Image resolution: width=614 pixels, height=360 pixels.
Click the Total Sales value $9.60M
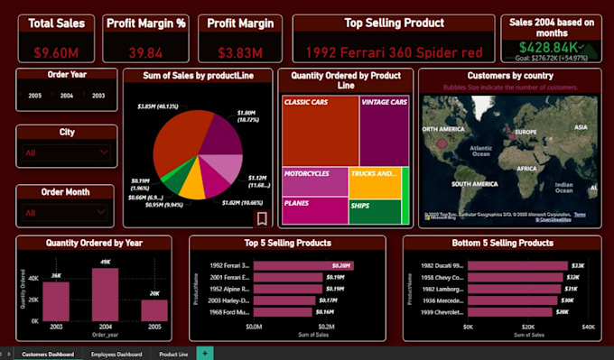click(50, 52)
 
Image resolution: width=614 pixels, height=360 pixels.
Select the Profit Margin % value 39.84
click(144, 52)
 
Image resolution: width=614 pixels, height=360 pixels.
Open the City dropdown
click(65, 153)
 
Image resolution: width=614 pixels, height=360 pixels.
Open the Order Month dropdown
click(65, 213)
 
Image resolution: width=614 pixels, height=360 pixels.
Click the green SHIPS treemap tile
click(374, 212)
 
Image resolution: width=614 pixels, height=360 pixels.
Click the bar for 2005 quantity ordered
click(154, 309)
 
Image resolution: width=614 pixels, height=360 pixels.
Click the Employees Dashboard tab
click(116, 355)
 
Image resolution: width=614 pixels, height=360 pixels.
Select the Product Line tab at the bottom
click(173, 355)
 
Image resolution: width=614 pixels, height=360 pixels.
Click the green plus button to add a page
click(205, 354)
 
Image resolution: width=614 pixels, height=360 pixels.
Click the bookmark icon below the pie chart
click(262, 218)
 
